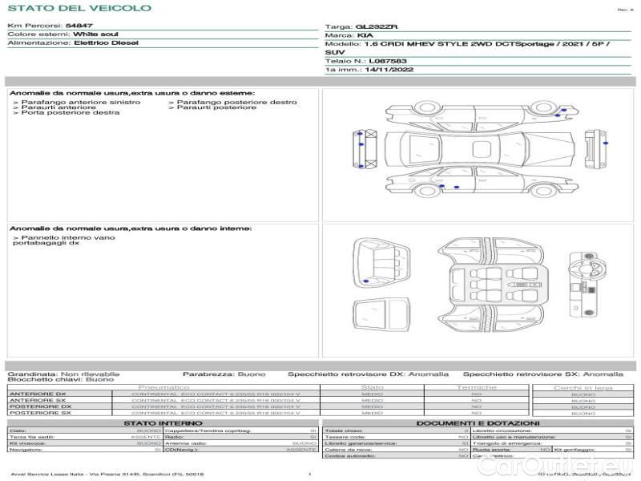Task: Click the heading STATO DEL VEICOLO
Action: [x=79, y=8]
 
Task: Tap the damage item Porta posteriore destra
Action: [x=71, y=113]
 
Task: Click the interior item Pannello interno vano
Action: [x=68, y=238]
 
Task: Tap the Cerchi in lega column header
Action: [x=583, y=387]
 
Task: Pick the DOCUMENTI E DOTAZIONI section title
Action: [x=478, y=422]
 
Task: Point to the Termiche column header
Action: [x=477, y=387]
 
